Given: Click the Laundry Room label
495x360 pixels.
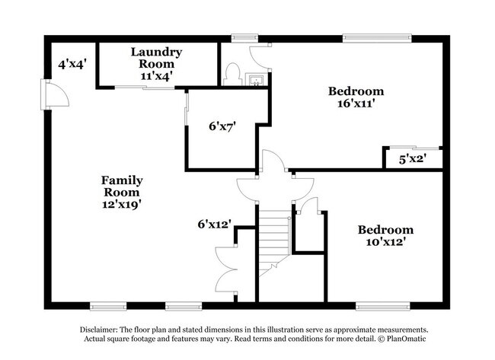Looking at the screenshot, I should pos(156,58).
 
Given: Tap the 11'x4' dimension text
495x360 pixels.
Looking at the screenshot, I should pos(156,75).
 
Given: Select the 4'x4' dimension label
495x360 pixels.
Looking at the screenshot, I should pos(72,65).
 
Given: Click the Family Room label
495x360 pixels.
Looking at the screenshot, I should pos(122,186).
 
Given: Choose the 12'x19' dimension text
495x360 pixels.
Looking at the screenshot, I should pos(122,203).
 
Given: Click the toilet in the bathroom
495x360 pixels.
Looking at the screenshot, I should pos(232,75).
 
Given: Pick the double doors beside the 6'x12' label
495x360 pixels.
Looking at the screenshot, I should pos(226,268).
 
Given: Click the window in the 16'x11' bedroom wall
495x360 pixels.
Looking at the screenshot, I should pos(364,37).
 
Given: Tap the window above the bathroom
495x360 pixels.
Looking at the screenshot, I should pos(244,37).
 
